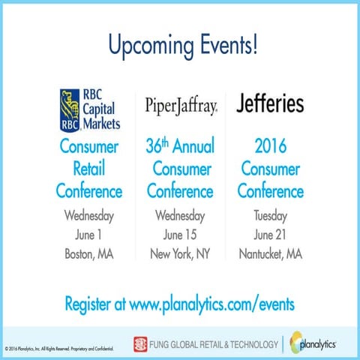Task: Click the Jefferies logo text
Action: [270, 102]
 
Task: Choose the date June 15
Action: [180, 235]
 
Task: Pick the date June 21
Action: [270, 235]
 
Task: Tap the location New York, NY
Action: [180, 254]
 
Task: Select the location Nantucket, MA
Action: [270, 254]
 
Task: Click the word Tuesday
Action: [270, 217]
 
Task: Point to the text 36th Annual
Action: [180, 145]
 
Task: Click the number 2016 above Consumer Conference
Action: [270, 145]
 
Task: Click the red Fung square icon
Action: [139, 344]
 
